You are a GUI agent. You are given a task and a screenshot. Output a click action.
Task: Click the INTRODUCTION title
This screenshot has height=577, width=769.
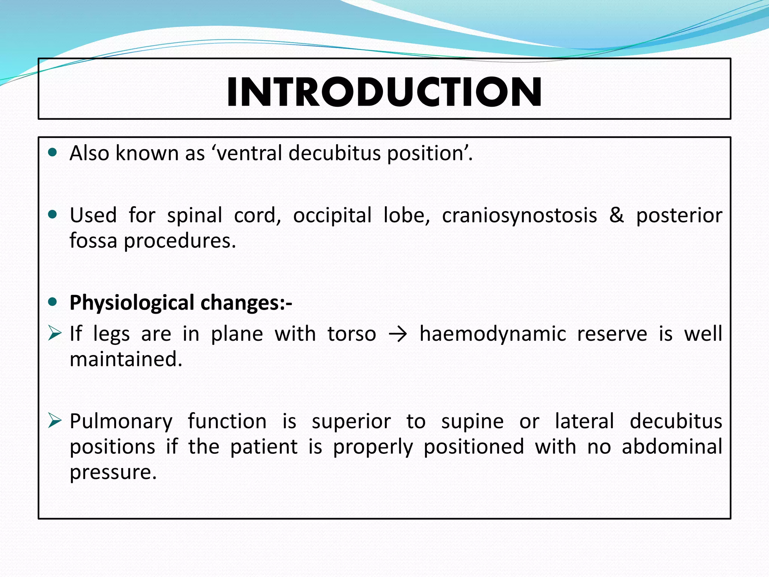tap(384, 92)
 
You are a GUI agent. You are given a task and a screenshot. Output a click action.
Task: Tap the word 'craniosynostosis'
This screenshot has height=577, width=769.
tap(519, 216)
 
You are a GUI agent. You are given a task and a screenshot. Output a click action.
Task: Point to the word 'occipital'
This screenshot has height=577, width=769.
tap(332, 216)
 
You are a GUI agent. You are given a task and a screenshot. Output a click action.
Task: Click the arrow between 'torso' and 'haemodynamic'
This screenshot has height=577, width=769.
tap(398, 334)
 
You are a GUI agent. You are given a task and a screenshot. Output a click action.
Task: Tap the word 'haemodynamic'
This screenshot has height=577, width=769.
tap(492, 334)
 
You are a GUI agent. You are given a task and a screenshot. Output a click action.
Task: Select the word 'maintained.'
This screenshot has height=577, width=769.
tap(126, 359)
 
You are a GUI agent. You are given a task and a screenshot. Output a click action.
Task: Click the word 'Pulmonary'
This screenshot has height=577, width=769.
tap(121, 421)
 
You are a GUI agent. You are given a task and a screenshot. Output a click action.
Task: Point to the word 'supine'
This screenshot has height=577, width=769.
tap(472, 421)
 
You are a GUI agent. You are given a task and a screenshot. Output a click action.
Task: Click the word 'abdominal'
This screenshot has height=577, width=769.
tap(672, 447)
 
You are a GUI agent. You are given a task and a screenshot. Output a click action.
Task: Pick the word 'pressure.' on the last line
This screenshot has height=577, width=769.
tap(113, 472)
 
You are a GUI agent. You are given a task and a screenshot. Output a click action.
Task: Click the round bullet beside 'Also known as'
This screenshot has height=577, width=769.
tap(53, 153)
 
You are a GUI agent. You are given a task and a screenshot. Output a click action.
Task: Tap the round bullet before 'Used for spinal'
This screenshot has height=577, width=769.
tap(53, 214)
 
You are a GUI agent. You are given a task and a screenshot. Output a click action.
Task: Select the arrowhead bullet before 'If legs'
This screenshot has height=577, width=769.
tap(54, 333)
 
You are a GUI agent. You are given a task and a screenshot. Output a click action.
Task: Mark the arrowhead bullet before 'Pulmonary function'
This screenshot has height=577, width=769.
tap(54, 421)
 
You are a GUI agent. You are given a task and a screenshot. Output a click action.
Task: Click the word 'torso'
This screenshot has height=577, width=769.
tap(351, 334)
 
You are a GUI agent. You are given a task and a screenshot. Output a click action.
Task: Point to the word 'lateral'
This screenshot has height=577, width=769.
tap(584, 421)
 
